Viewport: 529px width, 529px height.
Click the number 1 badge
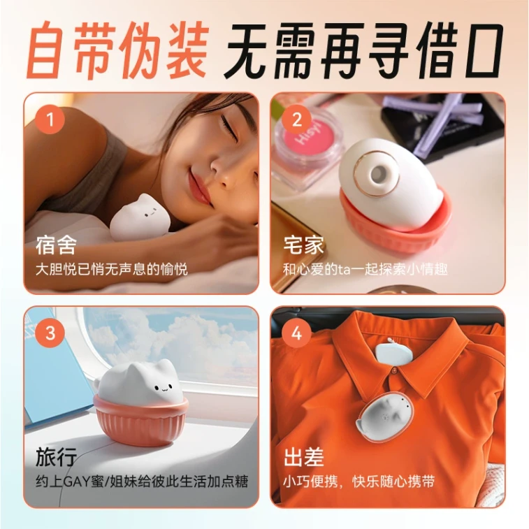tap(50, 119)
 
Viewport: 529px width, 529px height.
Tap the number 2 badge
tap(296, 119)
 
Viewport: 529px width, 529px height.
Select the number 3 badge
tap(50, 333)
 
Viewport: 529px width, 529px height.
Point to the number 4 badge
tap(296, 333)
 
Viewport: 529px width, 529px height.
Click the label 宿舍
tap(56, 246)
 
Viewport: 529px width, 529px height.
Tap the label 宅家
tap(303, 246)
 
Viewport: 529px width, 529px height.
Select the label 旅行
tap(56, 459)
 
